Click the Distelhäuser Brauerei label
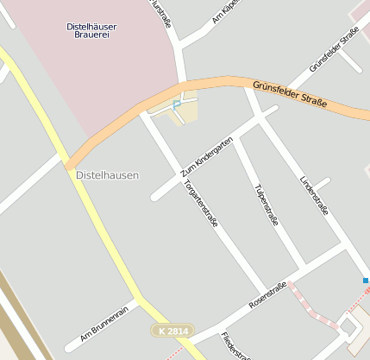(x=91, y=32)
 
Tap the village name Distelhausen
(x=107, y=175)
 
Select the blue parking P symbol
(x=177, y=105)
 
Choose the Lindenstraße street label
(x=313, y=194)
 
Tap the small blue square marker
(x=366, y=281)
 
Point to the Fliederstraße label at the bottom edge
(x=235, y=347)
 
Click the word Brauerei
(x=91, y=37)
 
